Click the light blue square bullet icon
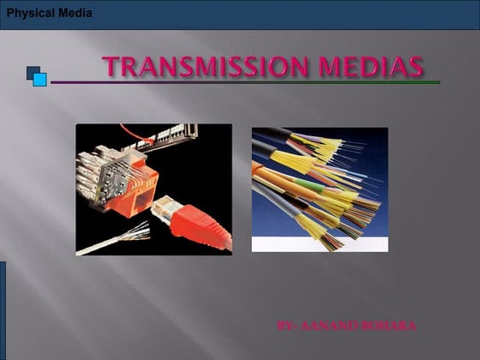(39, 80)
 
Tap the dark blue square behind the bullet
(31, 71)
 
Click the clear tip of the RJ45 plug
(162, 206)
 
